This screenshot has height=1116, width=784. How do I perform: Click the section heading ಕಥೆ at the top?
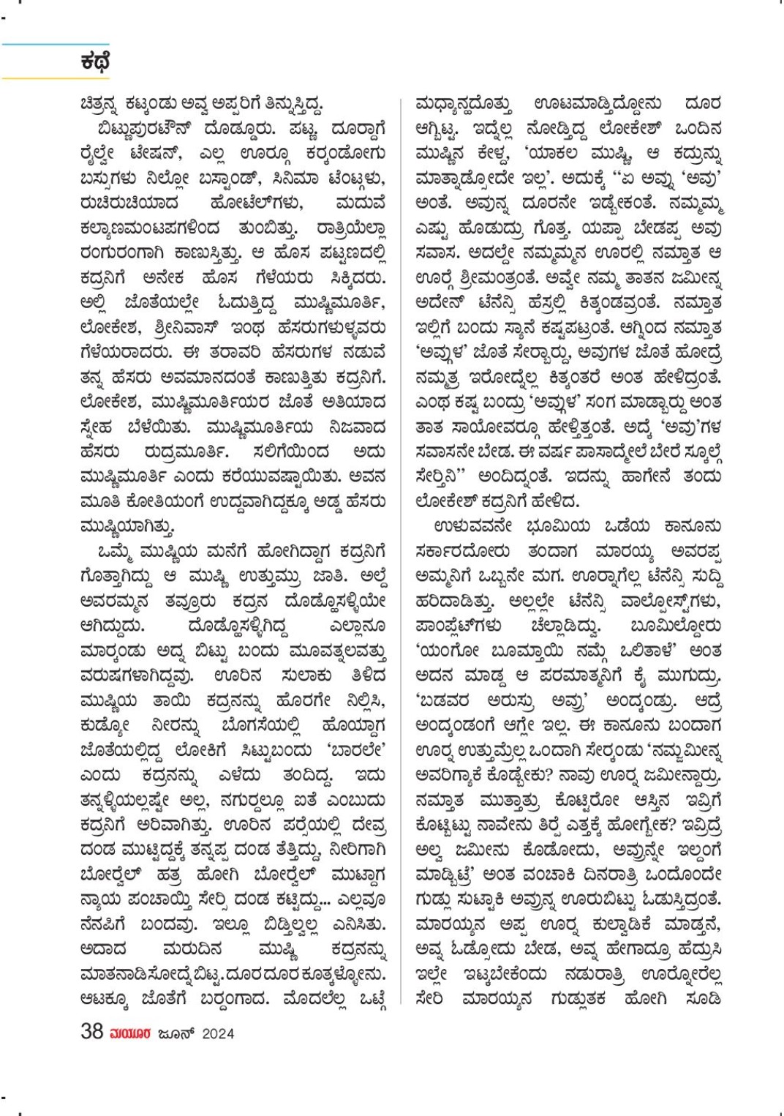[94, 62]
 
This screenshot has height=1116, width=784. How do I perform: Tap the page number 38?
[91, 1031]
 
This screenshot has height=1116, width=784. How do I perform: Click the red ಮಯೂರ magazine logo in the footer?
[130, 1033]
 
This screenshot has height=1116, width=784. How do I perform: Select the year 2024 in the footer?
[218, 1033]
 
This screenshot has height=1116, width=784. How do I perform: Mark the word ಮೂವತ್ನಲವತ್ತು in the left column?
[337, 651]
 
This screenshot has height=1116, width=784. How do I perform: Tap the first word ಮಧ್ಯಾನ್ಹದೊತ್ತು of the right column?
[463, 104]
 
